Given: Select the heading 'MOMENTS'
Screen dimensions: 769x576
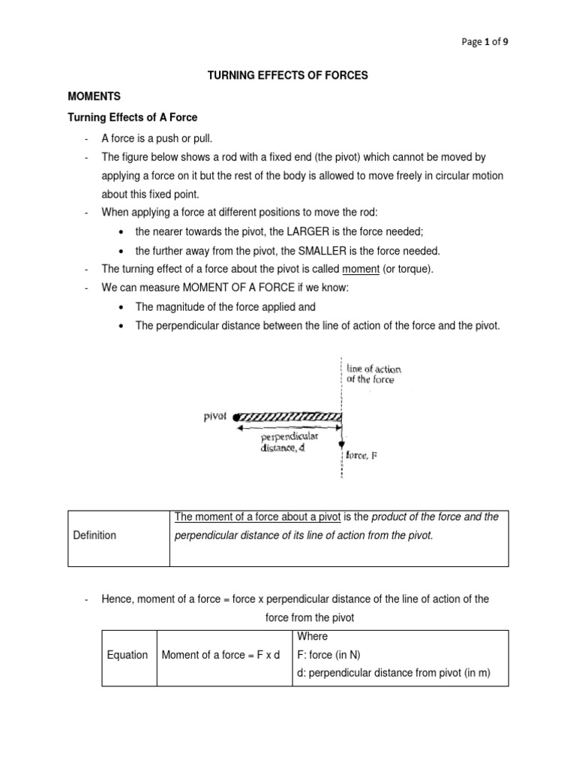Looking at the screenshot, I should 94,97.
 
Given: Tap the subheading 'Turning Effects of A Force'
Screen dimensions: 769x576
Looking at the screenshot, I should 133,118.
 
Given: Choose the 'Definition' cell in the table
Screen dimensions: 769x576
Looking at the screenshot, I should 94,535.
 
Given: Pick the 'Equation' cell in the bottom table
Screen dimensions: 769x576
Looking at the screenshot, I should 127,655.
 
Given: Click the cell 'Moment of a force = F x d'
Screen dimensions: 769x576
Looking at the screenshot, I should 220,655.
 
